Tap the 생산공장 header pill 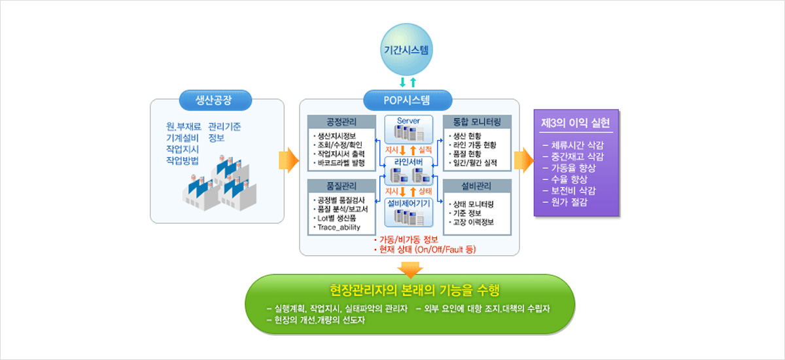tap(214, 100)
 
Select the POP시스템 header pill tap(408, 100)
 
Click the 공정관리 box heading tap(341, 122)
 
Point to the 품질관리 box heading tap(341, 185)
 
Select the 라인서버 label tap(408, 162)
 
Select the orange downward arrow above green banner tap(410, 268)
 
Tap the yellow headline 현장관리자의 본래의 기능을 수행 tap(410, 289)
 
